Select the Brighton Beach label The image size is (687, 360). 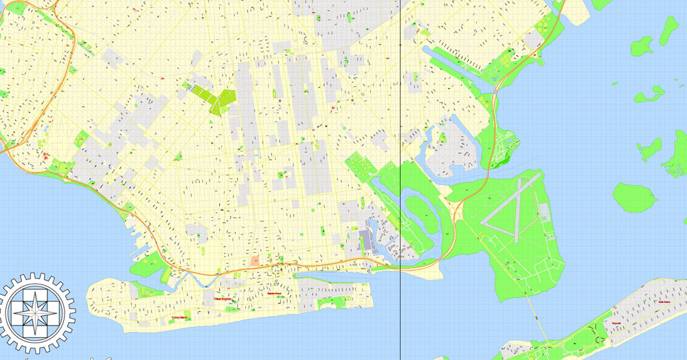click(x=275, y=293)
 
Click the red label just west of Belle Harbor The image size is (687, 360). click(x=616, y=322)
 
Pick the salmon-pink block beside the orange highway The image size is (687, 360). click(x=256, y=260)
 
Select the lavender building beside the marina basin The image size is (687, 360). click(x=366, y=240)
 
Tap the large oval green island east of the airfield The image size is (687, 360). click(x=635, y=197)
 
